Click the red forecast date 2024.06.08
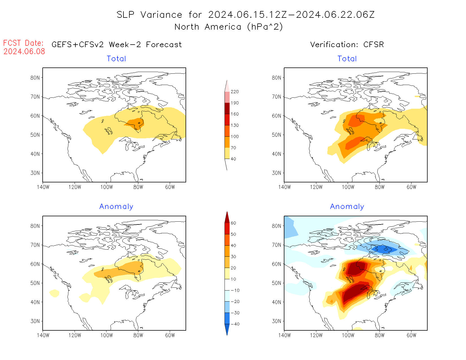pyautogui.click(x=24, y=51)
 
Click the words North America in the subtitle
pyautogui.click(x=208, y=27)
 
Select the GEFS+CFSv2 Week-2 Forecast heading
pyautogui.click(x=117, y=45)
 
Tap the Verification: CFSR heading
pyautogui.click(x=347, y=45)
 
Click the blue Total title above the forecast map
pyautogui.click(x=116, y=59)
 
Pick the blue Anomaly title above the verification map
pyautogui.click(x=347, y=206)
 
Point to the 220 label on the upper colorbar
pyautogui.click(x=234, y=92)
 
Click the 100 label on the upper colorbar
pyautogui.click(x=234, y=136)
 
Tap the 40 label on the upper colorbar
pyautogui.click(x=233, y=159)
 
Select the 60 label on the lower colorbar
pyautogui.click(x=233, y=223)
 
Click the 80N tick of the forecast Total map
pyautogui.click(x=35, y=78)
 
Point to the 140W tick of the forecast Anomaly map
pyautogui.click(x=43, y=335)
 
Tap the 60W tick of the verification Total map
pyautogui.click(x=411, y=187)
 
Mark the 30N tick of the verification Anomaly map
pyautogui.click(x=276, y=321)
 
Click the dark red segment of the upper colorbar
pyautogui.click(x=227, y=108)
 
